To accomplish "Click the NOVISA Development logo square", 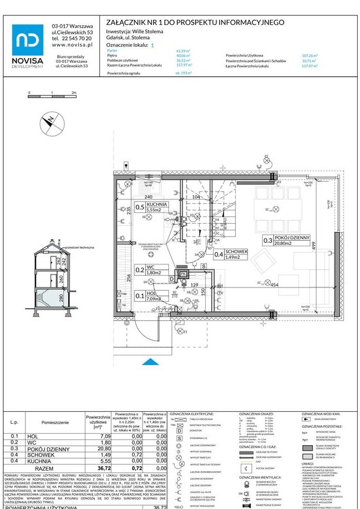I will [28, 40].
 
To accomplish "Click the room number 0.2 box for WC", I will [139, 271].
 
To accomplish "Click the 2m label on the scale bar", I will [73, 92].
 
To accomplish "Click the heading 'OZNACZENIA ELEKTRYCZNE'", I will [192, 414].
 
